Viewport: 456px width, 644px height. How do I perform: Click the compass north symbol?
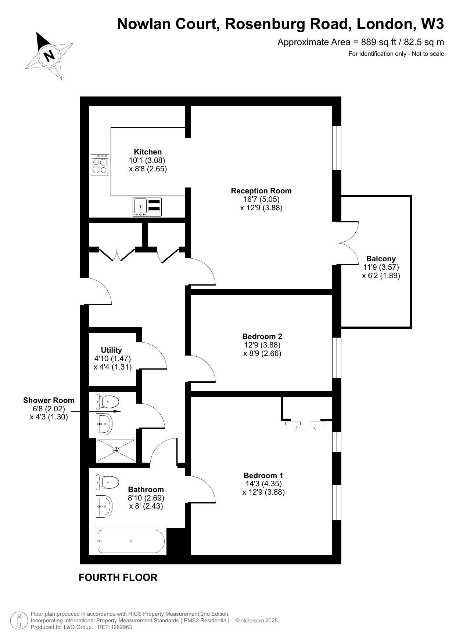[49, 56]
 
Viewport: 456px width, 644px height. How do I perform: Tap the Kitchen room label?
[148, 152]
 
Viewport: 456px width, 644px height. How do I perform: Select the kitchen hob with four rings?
[100, 164]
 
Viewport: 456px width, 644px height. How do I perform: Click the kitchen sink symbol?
[147, 207]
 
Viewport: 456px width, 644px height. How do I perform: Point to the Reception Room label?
[261, 191]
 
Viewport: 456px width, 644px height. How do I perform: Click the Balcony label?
[381, 259]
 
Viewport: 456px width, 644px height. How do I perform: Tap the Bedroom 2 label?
[262, 336]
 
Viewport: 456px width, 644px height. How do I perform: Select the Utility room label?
[111, 350]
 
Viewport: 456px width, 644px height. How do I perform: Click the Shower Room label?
[49, 400]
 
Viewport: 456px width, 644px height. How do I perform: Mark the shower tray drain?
[116, 450]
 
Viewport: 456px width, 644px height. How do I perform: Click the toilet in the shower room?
[107, 402]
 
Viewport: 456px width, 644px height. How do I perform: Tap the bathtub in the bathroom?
[131, 541]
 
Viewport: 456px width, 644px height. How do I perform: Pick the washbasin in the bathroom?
[104, 506]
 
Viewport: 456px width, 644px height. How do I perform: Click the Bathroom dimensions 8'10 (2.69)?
[146, 498]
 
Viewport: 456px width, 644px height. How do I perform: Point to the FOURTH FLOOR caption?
[118, 578]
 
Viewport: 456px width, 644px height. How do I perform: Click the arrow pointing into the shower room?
[94, 411]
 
